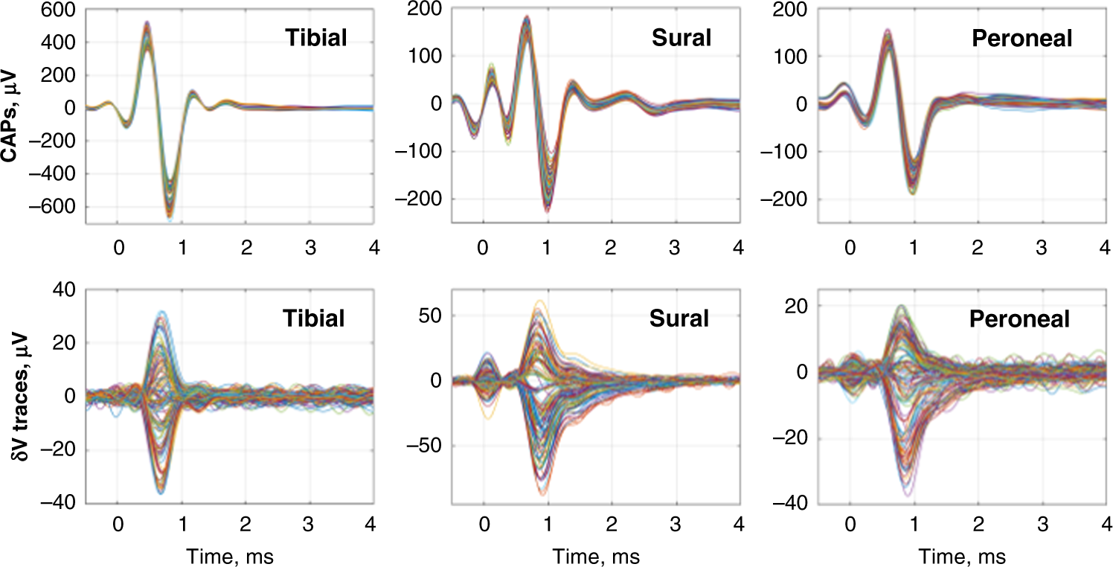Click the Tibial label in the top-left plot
[315, 38]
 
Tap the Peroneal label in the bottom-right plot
[1019, 319]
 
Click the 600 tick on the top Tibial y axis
[62, 10]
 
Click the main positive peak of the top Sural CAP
[527, 18]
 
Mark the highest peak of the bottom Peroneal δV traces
[902, 306]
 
